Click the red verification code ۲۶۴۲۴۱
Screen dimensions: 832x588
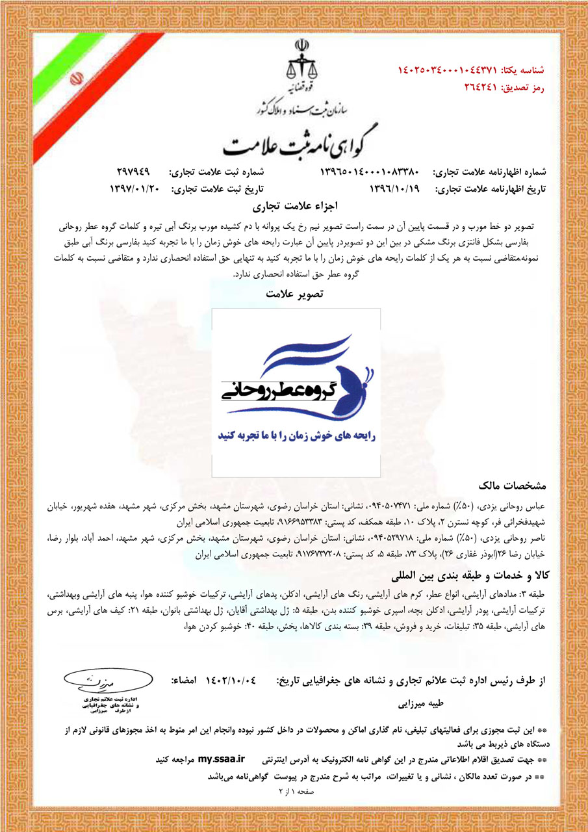coord(480,86)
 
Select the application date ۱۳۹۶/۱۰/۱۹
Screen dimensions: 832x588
coord(395,189)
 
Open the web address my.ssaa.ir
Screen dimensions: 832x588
coord(222,759)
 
